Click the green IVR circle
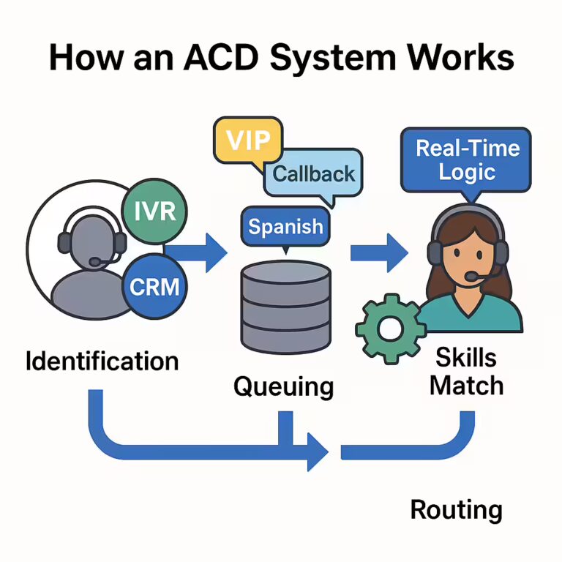pos(155,211)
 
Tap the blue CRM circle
pos(154,286)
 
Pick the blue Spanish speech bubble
pos(285,226)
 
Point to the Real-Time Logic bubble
pos(467,160)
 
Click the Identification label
pos(102,361)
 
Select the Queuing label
pos(283,386)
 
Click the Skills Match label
pos(466,371)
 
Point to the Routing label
pos(456,509)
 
